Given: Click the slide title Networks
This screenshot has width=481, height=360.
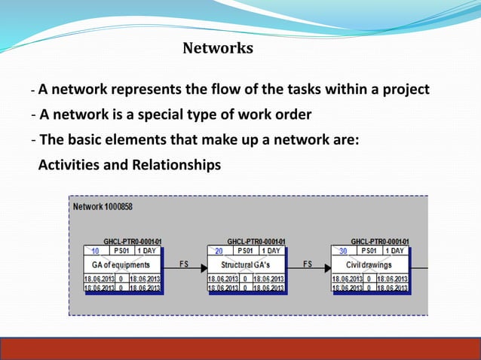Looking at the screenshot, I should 218,49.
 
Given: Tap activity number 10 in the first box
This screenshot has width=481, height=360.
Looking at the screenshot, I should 95,251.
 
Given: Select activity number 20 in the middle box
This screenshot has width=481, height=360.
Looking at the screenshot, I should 219,251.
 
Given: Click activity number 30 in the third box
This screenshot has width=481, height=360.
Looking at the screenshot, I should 342,251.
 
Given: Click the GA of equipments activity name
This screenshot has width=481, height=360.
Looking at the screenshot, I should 121,265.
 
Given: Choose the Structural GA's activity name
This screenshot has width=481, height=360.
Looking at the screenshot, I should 246,265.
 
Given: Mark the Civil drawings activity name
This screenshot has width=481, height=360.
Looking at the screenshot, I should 369,265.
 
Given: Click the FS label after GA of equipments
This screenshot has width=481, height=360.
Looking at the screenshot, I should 184,264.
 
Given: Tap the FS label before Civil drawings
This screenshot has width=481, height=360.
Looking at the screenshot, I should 308,264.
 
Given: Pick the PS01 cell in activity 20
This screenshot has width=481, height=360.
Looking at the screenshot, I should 244,251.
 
